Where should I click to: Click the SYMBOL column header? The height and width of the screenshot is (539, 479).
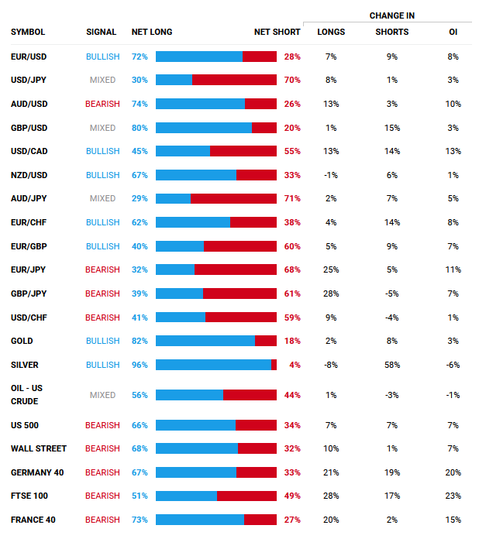point(28,33)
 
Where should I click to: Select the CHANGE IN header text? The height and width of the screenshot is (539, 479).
point(391,15)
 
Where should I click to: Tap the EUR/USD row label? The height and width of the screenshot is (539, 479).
point(28,57)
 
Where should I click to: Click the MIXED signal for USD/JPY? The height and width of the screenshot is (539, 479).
point(102,81)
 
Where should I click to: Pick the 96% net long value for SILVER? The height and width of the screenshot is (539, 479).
point(140,365)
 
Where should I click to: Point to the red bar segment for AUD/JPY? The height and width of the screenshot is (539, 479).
point(233,199)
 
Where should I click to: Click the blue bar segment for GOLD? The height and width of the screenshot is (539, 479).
point(205,341)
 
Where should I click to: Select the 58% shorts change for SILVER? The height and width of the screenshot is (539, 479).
point(391,365)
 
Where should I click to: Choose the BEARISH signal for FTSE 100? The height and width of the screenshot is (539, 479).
point(102,496)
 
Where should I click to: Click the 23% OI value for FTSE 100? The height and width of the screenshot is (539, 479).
point(453,496)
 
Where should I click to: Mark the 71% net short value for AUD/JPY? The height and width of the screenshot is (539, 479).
point(292,199)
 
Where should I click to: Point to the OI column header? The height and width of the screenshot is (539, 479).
point(453,33)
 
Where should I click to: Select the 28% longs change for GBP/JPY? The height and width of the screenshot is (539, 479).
point(331,294)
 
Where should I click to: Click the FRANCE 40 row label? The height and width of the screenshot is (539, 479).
point(33,520)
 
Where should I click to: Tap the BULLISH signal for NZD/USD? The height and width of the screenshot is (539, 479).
point(102,175)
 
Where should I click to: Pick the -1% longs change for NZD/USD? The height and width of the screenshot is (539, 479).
point(331,175)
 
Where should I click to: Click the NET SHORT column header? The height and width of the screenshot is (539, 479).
point(277,33)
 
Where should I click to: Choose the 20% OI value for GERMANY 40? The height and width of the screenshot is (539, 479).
point(453,472)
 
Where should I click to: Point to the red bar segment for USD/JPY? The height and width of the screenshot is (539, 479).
point(234,81)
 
